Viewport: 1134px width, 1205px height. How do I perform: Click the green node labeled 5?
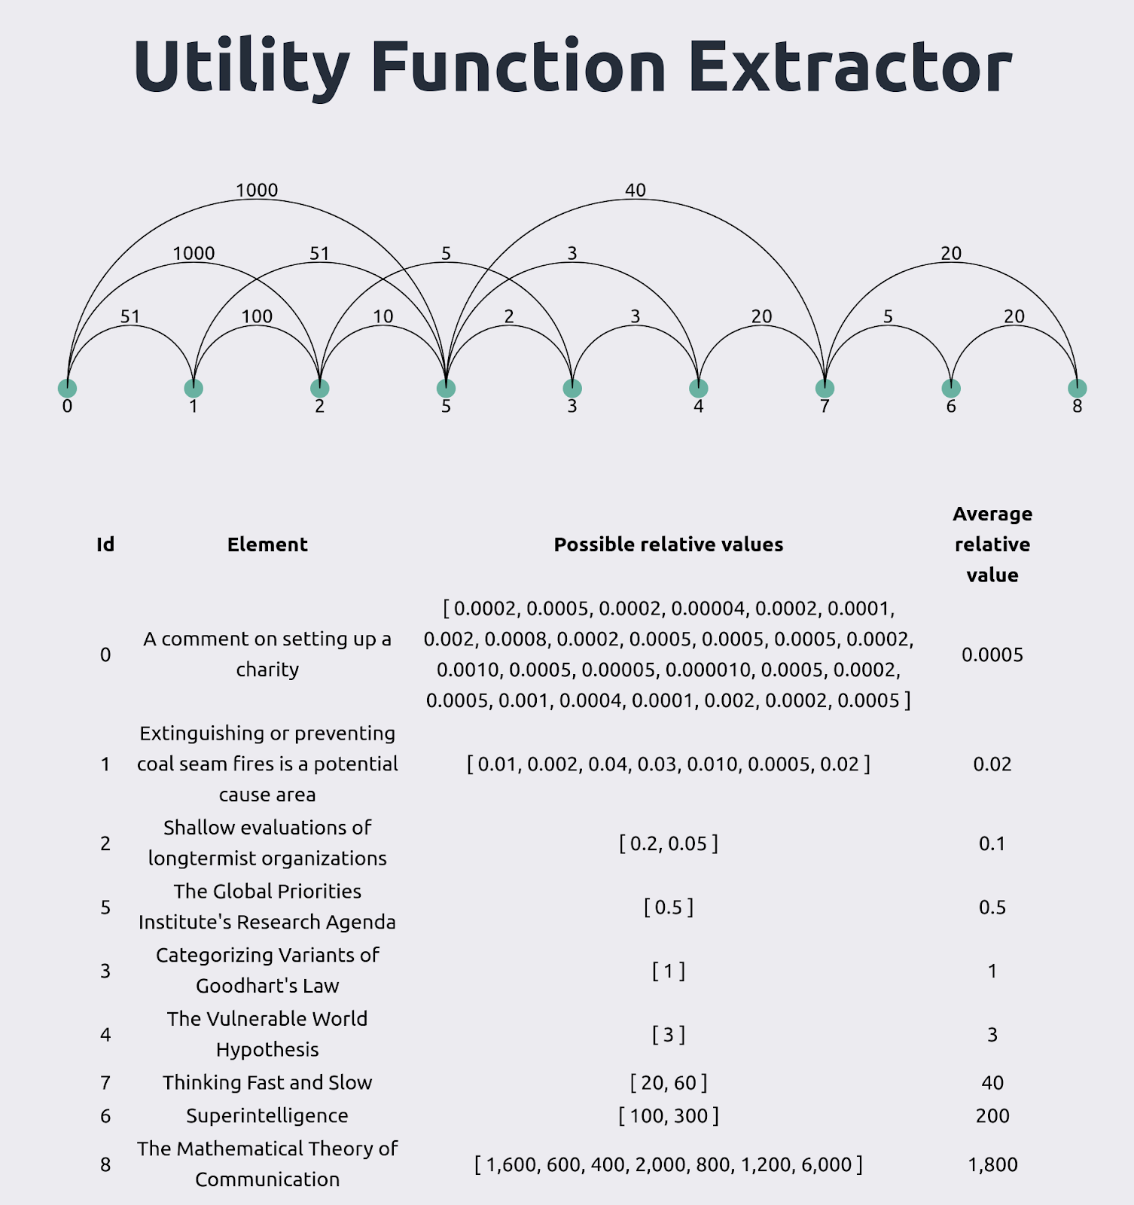coord(446,388)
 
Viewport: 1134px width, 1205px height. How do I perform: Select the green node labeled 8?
coord(1078,388)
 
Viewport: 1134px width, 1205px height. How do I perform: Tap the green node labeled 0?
coord(67,388)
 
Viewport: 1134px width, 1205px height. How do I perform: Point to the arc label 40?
coord(636,190)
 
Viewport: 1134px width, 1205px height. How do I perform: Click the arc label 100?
coord(257,316)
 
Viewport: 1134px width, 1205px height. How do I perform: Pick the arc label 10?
coord(383,316)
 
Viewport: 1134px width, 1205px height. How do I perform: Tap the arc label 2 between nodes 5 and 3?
coord(509,316)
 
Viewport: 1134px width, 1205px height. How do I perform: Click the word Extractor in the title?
coord(850,66)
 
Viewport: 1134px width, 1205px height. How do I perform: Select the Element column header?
coord(267,545)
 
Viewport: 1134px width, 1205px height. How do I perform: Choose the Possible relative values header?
coord(669,545)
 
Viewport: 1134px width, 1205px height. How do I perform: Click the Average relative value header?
coord(992,545)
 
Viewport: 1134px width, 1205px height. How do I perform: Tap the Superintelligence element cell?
coord(267,1115)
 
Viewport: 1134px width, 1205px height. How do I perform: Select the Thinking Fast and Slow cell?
coord(267,1082)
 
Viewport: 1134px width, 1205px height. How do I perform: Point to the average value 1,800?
coord(992,1164)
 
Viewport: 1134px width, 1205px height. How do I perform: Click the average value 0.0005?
coord(992,654)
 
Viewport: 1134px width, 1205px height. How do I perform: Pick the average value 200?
coord(992,1115)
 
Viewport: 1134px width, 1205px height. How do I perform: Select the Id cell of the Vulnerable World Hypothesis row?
coord(105,1034)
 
